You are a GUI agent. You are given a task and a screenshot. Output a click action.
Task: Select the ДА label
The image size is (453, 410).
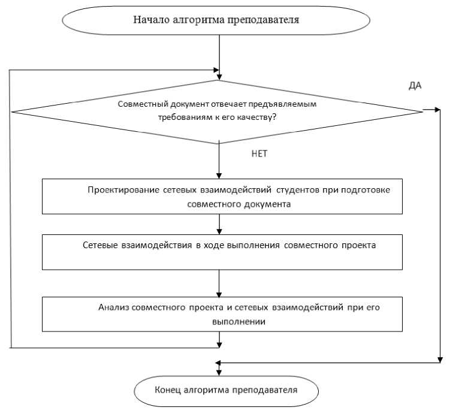pos(415,86)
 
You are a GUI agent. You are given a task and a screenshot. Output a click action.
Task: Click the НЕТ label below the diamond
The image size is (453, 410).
pos(259,153)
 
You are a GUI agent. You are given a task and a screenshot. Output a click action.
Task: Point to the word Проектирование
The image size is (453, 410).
pos(123,190)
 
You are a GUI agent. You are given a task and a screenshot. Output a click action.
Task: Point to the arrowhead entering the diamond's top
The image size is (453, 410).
pos(221,77)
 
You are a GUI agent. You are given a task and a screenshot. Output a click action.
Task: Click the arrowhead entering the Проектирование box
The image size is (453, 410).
pos(221,176)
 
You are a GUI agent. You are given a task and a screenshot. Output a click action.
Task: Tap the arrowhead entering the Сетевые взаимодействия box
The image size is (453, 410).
pos(221,231)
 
